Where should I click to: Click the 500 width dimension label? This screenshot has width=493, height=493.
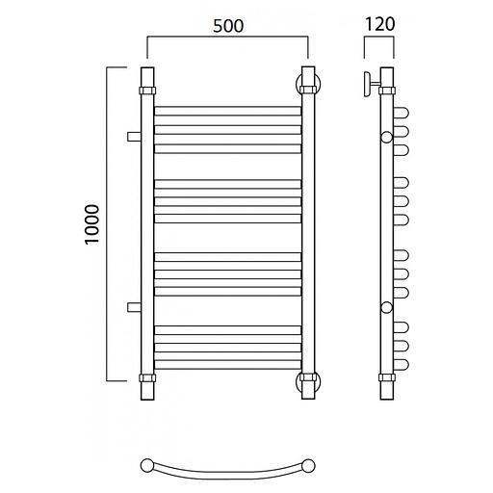(228, 26)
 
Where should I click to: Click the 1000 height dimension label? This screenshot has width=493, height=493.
(92, 224)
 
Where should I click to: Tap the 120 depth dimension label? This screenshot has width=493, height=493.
(379, 24)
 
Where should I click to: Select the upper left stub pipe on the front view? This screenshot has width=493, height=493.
(134, 137)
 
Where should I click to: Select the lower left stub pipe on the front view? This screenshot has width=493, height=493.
(134, 307)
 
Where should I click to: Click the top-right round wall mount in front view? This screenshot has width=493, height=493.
(308, 85)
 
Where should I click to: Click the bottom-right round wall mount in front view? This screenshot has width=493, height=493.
(308, 381)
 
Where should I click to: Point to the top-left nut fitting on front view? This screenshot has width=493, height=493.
(147, 91)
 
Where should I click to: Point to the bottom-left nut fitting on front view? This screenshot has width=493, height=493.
(147, 377)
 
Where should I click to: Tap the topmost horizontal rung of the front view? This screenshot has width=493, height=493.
(228, 111)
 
